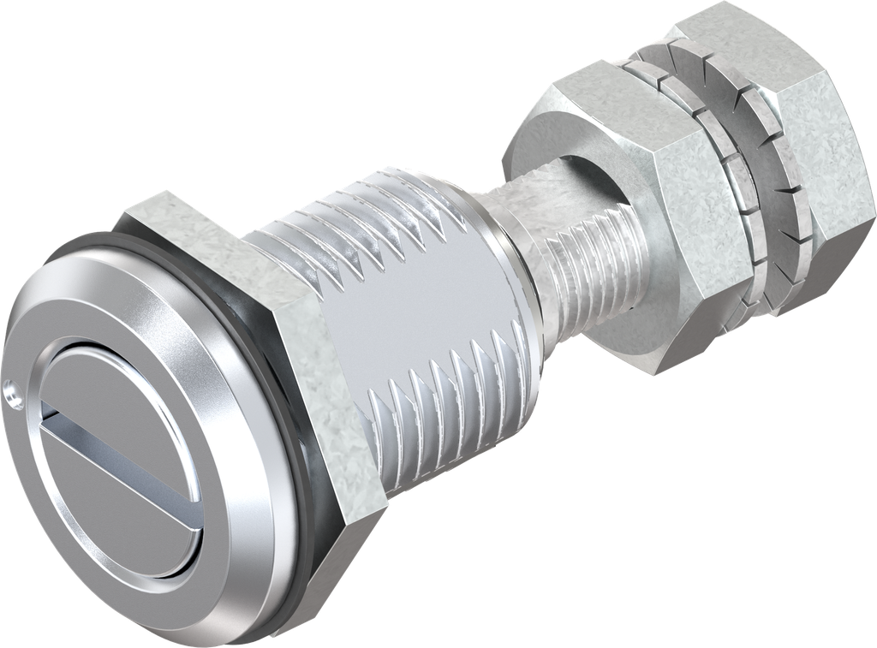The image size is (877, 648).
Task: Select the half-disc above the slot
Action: (x=128, y=385)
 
